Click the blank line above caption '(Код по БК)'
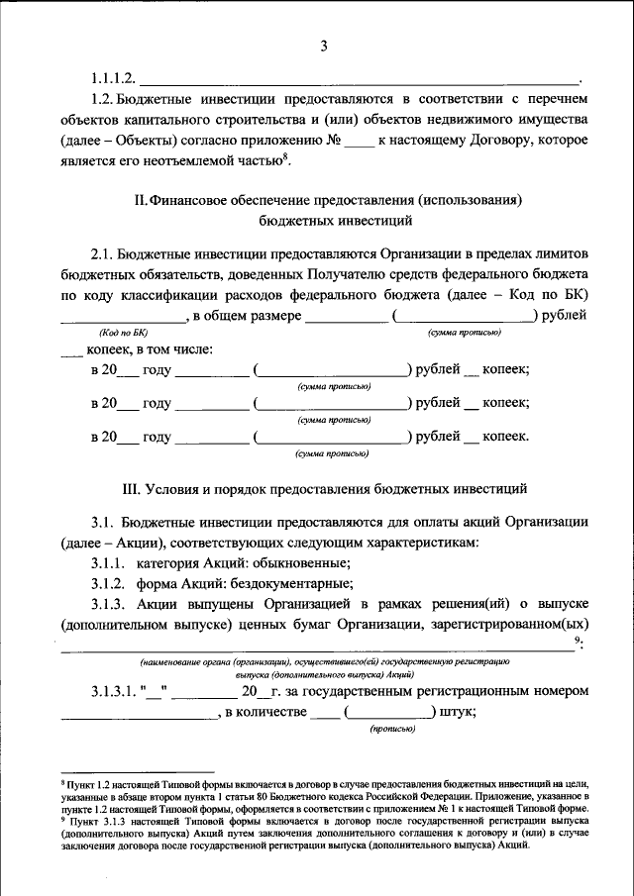point(123,319)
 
